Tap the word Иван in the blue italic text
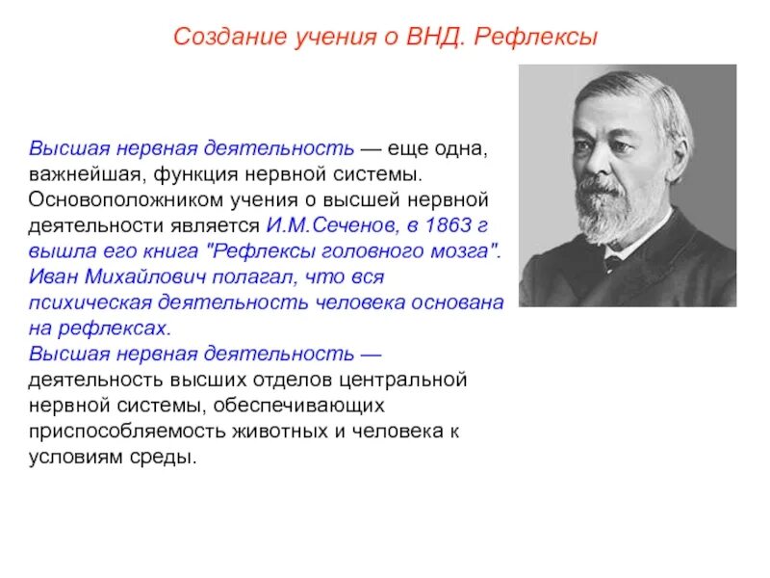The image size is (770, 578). tap(51, 277)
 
